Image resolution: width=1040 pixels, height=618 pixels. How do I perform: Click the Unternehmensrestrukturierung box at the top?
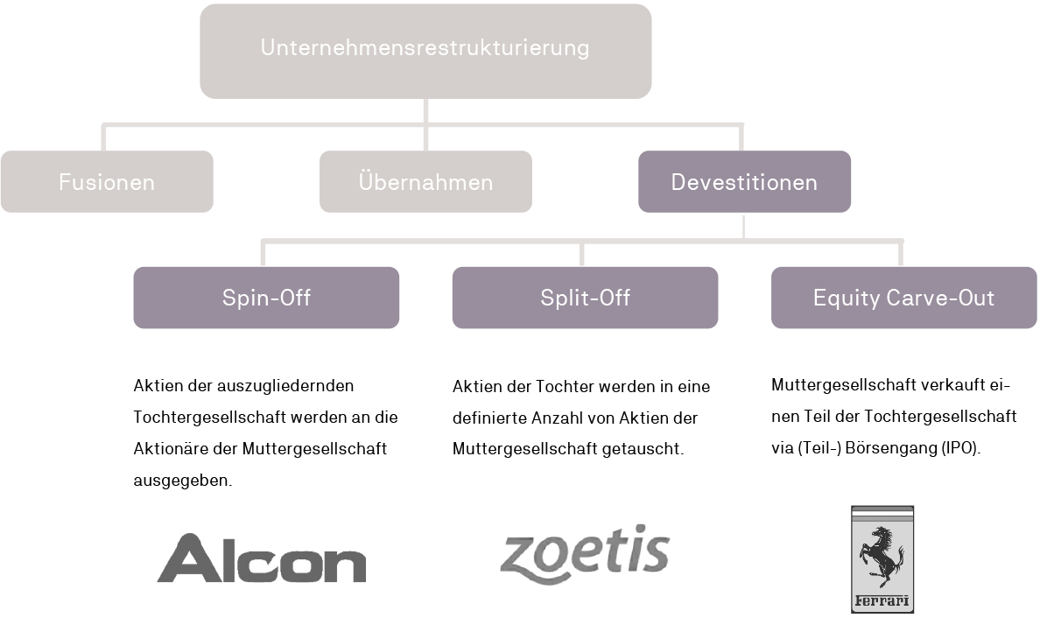[x=425, y=51]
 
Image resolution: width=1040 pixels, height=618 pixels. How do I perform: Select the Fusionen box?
[x=107, y=182]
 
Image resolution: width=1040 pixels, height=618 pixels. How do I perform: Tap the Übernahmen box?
[x=425, y=182]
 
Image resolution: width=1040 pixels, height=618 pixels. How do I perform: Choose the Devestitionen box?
[x=744, y=182]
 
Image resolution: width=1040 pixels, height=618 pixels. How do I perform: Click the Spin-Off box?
[x=266, y=298]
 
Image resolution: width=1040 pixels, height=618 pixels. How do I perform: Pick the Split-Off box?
[x=585, y=298]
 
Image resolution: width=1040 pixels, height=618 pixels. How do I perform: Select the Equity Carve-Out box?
[x=904, y=298]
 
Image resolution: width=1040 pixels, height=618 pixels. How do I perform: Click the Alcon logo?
[x=262, y=558]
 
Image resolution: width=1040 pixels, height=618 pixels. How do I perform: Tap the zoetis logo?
[x=584, y=554]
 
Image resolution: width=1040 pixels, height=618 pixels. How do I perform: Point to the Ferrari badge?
[x=882, y=559]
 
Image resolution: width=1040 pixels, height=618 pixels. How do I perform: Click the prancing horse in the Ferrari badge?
[x=882, y=557]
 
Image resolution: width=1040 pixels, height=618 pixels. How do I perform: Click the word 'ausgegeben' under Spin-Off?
[x=181, y=480]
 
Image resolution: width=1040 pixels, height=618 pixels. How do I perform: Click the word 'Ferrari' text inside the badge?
[x=882, y=600]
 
